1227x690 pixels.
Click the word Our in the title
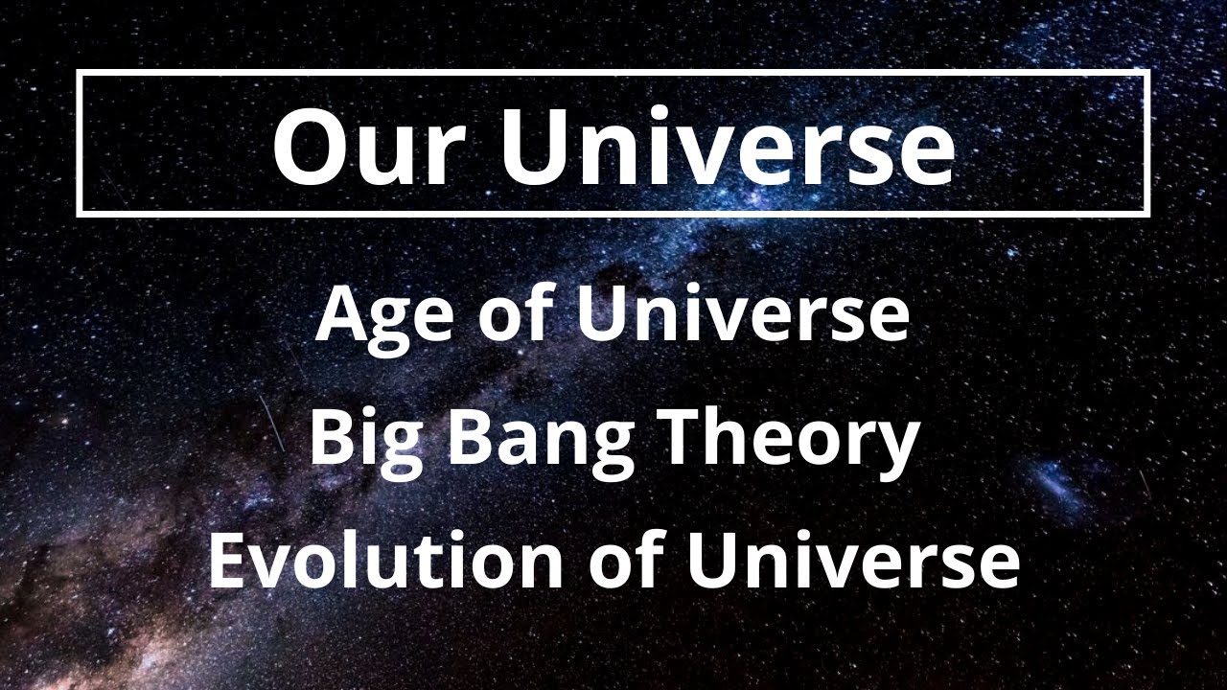[355, 147]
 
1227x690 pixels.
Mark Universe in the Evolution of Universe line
[852, 562]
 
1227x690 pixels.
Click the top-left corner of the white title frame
[80, 73]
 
